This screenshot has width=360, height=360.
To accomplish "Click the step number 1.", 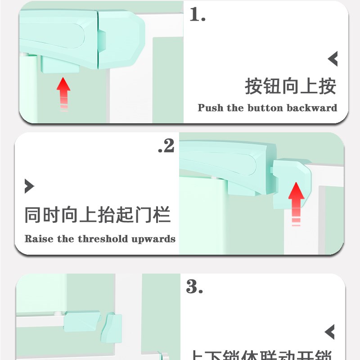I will click(x=197, y=15).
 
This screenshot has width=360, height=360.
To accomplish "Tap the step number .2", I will click(x=166, y=146).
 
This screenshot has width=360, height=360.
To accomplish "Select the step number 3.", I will click(x=194, y=287).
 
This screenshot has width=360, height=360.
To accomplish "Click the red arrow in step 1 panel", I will click(x=63, y=92).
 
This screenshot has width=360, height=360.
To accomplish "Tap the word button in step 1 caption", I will click(x=264, y=108).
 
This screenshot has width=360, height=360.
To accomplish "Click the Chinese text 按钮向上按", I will click(x=290, y=86).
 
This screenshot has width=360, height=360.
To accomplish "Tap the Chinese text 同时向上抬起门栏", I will click(x=98, y=215).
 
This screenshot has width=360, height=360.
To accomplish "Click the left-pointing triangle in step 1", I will click(x=333, y=58).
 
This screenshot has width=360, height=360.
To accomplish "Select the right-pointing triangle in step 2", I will click(x=29, y=186).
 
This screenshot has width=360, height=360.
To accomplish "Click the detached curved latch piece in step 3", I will click(x=113, y=328).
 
